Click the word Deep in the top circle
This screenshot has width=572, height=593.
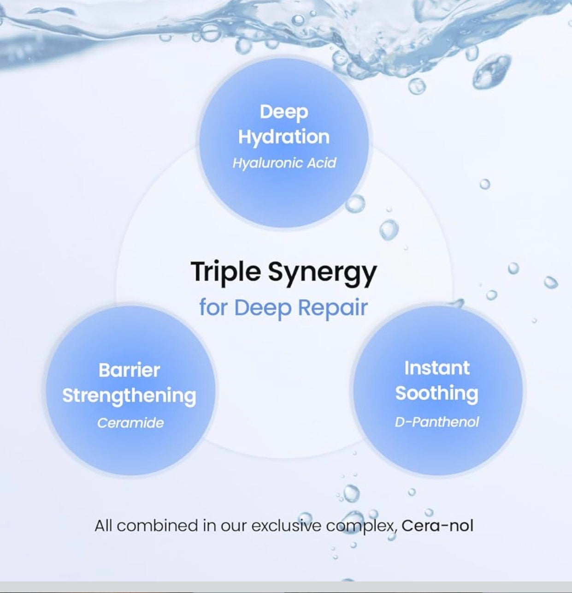point(284,113)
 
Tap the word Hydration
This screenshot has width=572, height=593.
point(284,137)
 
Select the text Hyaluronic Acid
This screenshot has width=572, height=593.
point(284,163)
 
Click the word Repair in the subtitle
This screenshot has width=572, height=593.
point(333,308)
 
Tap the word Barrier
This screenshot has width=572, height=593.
point(129,371)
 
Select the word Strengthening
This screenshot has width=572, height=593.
point(129,396)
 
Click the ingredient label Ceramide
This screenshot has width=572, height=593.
point(130,423)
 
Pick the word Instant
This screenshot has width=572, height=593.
point(437,368)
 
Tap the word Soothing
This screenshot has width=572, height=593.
point(437,394)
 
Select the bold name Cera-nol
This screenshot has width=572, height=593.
point(437,526)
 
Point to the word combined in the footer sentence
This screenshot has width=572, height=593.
point(157,526)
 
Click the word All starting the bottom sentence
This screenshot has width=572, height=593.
point(103,526)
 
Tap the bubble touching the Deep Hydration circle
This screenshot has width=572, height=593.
point(355,203)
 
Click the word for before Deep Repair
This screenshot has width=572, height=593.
point(215,308)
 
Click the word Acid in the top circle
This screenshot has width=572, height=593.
point(322,163)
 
